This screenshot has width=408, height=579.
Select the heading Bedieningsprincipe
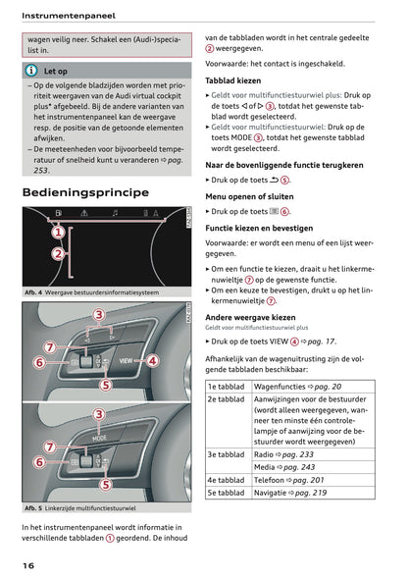click(x=85, y=192)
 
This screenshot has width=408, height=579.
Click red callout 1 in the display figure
click(x=58, y=233)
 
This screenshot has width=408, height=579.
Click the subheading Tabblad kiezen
click(x=233, y=79)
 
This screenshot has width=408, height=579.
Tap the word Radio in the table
click(x=265, y=454)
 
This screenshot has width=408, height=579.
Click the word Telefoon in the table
click(x=272, y=480)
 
